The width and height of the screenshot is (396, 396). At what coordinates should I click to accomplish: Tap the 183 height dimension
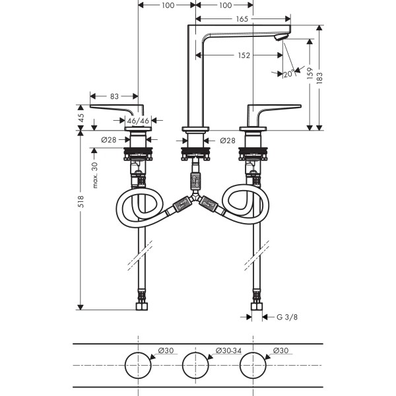[327, 77]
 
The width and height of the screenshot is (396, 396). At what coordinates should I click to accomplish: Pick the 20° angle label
[288, 74]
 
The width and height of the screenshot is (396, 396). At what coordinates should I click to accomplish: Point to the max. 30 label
[95, 175]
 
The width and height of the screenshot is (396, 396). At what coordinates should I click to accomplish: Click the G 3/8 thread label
[286, 317]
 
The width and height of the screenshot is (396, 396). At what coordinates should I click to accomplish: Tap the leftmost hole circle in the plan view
[139, 365]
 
